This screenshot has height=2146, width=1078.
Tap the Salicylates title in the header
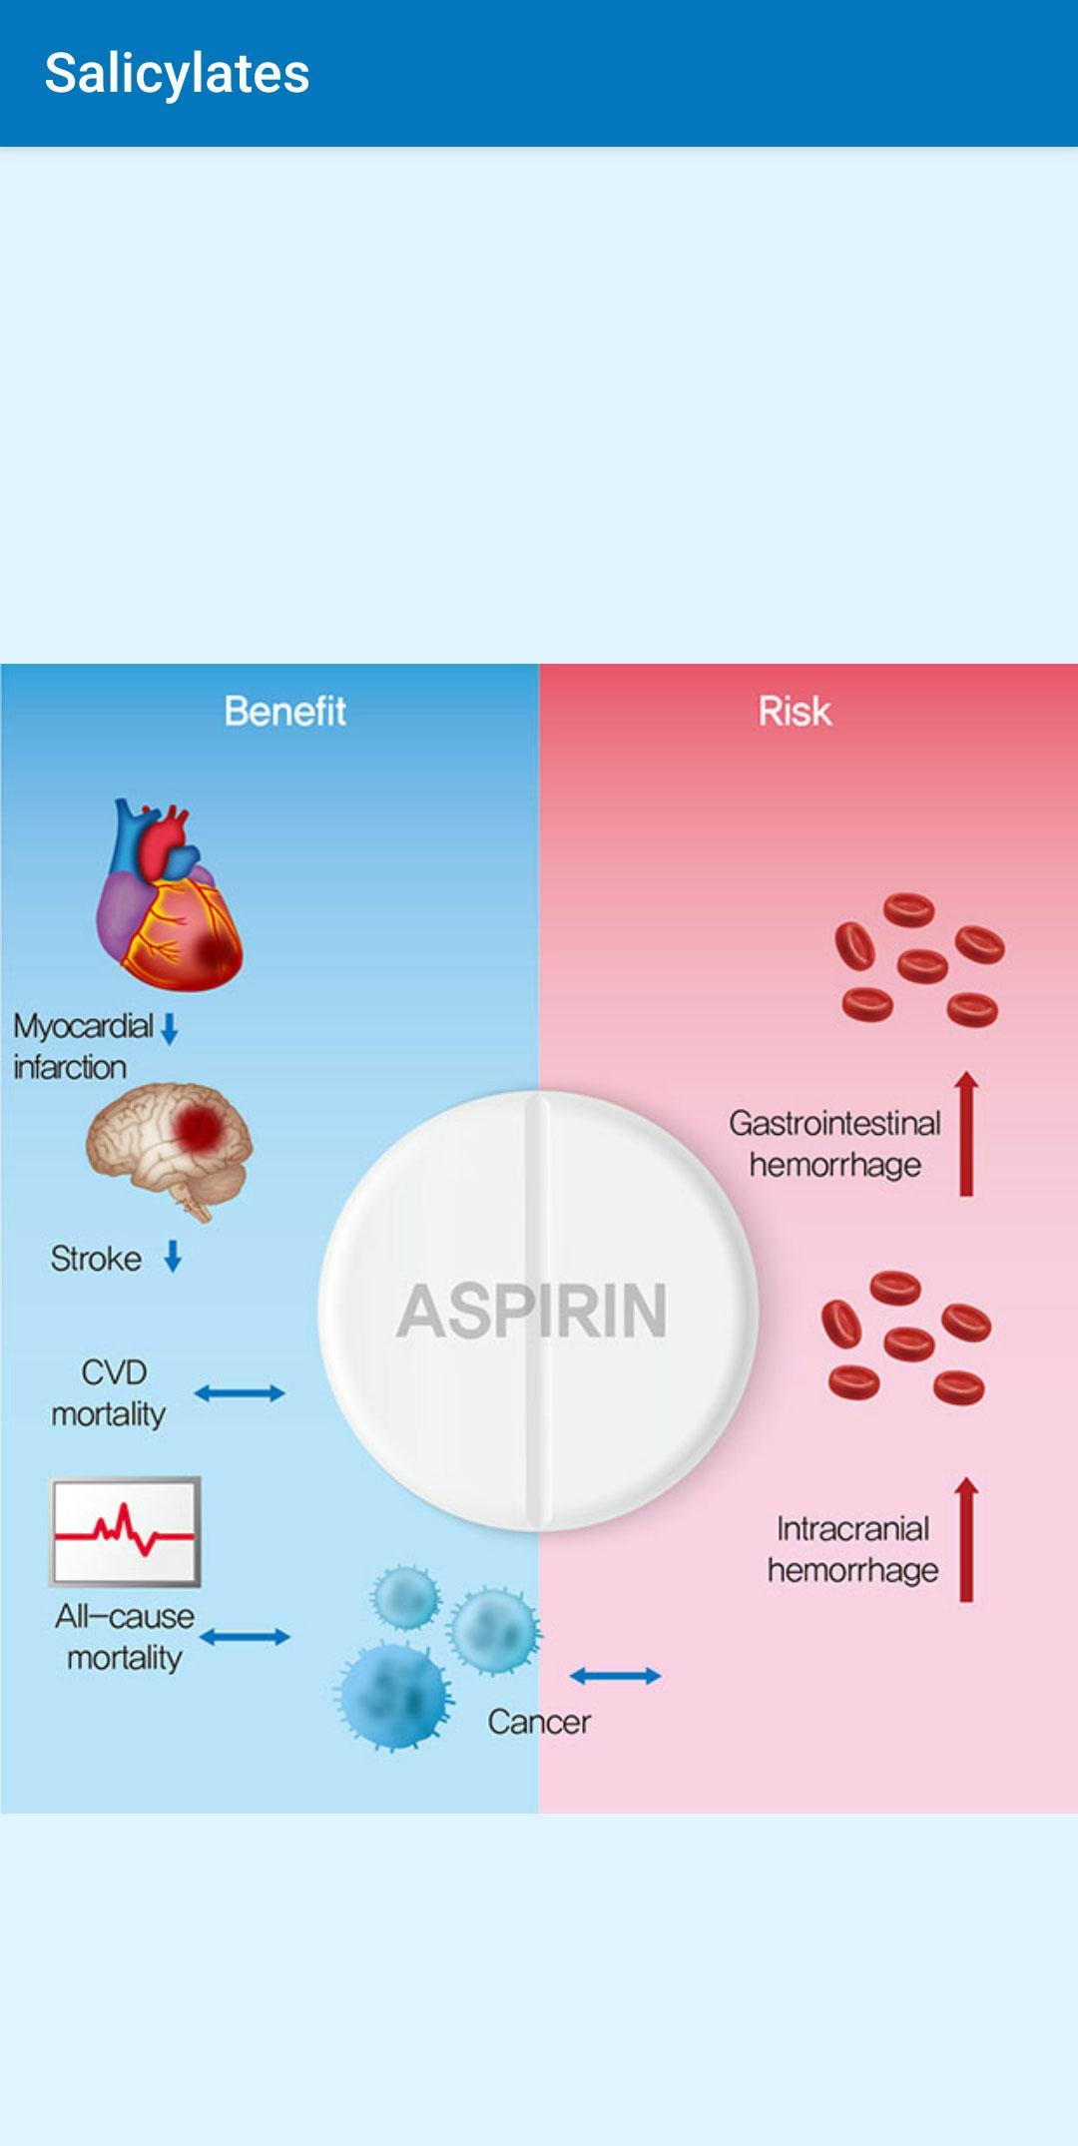pos(177,74)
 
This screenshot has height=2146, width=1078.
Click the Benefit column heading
pos(284,712)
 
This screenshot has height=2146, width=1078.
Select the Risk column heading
pos(795,712)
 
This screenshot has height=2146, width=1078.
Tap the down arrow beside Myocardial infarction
pos(170,1029)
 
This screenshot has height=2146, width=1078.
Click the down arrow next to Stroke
pos(173,1257)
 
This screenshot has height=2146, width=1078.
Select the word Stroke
pos(96,1259)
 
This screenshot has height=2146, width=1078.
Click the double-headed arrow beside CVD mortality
pos(240,1393)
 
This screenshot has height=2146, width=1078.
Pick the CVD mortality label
pos(109,1393)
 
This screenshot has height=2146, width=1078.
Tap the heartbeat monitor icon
pos(125,1532)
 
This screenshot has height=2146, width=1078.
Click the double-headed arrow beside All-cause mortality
pos(245,1637)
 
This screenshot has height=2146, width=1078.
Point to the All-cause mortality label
pos(125,1637)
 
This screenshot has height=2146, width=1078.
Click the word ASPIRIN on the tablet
pos(532,1311)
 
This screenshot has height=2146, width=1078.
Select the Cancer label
pos(539,1722)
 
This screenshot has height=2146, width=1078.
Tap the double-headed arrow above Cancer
pos(615,1676)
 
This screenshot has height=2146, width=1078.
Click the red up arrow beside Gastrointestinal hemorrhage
pos(966,1134)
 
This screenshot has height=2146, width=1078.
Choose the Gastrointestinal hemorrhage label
pos(835,1144)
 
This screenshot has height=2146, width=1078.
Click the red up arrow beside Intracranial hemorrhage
pos(966,1540)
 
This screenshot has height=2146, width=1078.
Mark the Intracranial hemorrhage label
pos(853,1549)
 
